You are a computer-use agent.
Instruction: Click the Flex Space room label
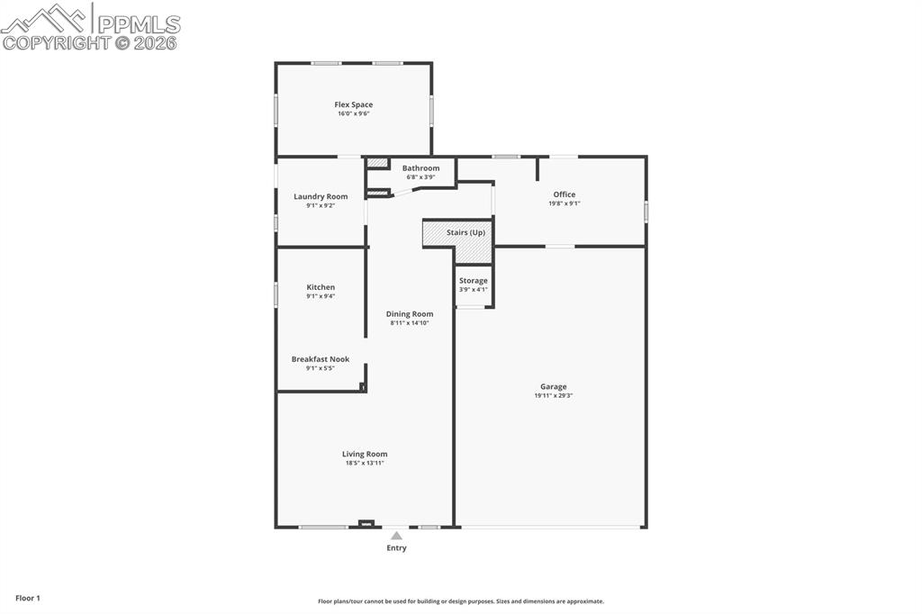pos(354,104)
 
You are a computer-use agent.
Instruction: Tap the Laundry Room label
pos(321,196)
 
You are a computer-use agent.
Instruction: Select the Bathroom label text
pos(420,168)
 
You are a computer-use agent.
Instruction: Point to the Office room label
pos(565,194)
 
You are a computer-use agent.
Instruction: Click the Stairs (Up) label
pos(466,232)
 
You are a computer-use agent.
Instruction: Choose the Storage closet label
pos(473,281)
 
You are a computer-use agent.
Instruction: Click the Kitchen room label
pos(321,287)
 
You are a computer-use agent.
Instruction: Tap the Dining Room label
pos(410,314)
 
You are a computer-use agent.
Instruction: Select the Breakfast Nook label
pos(321,359)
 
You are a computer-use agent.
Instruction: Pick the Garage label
pos(554,387)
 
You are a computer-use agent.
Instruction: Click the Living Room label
pos(365,455)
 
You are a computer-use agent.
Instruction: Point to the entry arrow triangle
pos(396,536)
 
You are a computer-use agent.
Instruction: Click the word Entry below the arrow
pos(396,548)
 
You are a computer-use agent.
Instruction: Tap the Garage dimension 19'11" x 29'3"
pos(554,396)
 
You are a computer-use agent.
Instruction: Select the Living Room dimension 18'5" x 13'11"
pos(365,464)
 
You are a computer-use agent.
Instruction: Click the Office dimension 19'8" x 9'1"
pos(565,203)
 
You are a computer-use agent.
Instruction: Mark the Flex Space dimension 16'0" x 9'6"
pos(354,113)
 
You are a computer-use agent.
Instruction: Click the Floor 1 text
pos(28,598)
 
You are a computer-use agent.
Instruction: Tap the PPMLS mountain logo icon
pos(45,17)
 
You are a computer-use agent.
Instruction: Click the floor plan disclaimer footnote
pos(460,601)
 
